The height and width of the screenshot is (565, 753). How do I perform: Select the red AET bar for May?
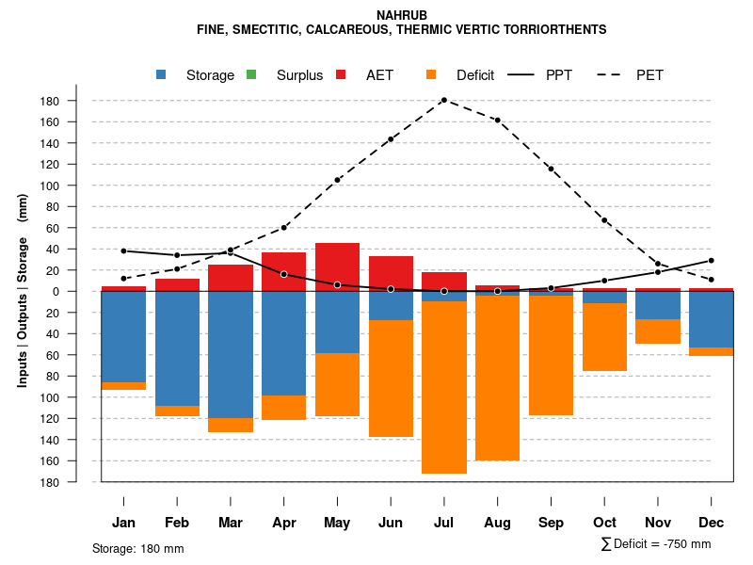coord(337,266)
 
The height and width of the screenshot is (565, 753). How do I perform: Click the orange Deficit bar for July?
coord(444,386)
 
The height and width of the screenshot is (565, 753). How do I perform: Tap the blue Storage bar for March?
coord(231,354)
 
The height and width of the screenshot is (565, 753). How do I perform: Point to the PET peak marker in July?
coord(443,100)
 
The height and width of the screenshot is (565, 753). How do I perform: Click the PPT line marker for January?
coord(123,250)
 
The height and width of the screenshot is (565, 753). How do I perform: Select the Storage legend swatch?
coord(161,75)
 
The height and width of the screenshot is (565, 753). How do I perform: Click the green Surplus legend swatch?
coord(251,75)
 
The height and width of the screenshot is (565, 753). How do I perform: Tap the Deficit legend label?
coord(475,75)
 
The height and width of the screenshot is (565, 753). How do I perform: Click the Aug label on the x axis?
coord(497,523)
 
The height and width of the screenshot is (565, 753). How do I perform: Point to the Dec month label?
coord(712,523)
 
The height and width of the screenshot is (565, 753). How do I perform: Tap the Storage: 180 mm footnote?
coord(138,548)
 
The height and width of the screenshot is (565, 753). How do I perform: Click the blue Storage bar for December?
coord(712,320)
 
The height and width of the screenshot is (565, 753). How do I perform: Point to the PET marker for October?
coord(604,220)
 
